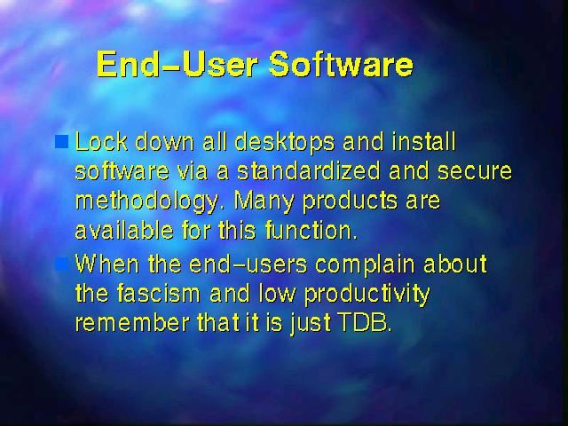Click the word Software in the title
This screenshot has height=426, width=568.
tap(341, 64)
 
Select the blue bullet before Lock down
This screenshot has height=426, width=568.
tap(61, 142)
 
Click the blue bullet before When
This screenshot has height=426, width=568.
tap(61, 264)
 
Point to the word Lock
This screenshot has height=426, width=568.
tap(101, 141)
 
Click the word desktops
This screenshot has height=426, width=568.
tap(285, 142)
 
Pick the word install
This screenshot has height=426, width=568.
tap(423, 141)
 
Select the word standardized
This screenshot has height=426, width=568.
tap(309, 171)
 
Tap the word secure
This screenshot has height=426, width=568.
tap(475, 171)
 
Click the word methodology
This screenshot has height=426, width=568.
tap(147, 201)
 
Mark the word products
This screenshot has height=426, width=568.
tap(350, 201)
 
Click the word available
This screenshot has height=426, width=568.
tap(124, 230)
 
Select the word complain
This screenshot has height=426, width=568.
tap(365, 265)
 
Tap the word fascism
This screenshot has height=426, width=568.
tap(158, 293)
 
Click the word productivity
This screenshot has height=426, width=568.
tap(367, 295)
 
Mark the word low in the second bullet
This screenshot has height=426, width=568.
tap(277, 293)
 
